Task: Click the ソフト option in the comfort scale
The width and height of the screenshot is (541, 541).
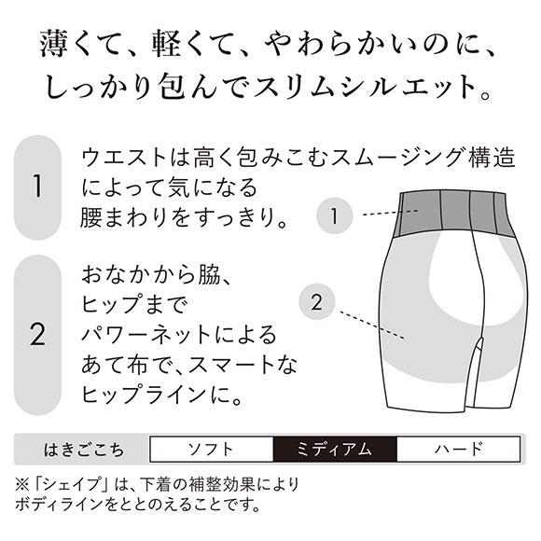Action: click(x=212, y=450)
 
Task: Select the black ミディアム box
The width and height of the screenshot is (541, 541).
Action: click(x=336, y=450)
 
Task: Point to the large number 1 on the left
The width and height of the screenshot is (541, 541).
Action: click(x=38, y=187)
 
